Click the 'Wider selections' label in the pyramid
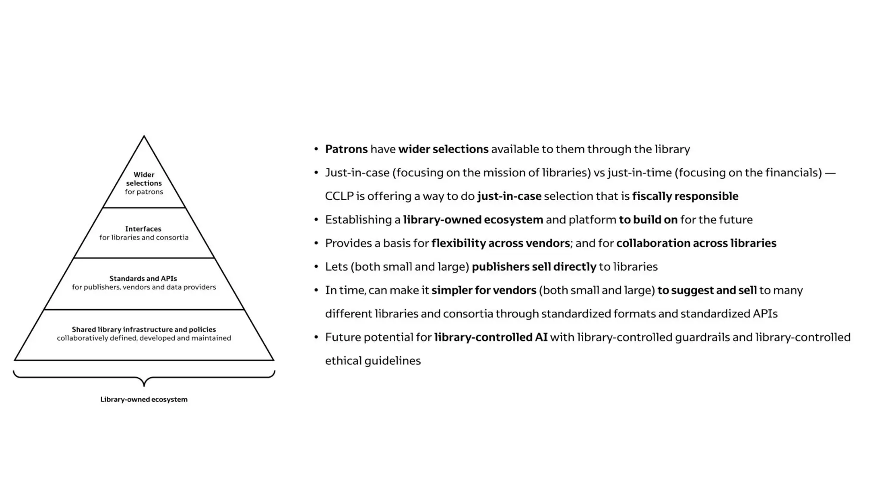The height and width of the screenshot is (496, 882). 144,179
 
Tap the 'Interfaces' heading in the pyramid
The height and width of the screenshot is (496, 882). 143,229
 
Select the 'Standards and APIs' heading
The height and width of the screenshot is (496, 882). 143,279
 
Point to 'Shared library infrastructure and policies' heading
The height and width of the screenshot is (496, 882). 144,329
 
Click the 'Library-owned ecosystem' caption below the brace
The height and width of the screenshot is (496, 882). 144,399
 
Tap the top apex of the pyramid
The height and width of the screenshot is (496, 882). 144,137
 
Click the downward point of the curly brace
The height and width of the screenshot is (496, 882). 144,384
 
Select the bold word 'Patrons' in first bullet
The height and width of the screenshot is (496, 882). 346,149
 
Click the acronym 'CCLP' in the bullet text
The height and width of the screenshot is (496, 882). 339,196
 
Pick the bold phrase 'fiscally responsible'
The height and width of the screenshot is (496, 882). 685,196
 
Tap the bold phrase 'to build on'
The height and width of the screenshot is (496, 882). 648,220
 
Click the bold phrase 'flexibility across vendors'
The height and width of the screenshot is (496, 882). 500,243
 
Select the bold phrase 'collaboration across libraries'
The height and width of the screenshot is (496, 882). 696,243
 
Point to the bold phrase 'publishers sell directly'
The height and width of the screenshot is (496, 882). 534,267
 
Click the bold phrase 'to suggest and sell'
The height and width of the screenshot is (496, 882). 707,290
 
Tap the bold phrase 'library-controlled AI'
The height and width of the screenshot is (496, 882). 491,337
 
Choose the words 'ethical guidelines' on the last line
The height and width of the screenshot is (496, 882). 373,361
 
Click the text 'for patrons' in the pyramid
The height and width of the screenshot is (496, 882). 144,192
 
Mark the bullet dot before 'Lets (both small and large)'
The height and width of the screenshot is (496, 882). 316,267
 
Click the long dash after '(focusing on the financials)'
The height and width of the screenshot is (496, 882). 830,173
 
